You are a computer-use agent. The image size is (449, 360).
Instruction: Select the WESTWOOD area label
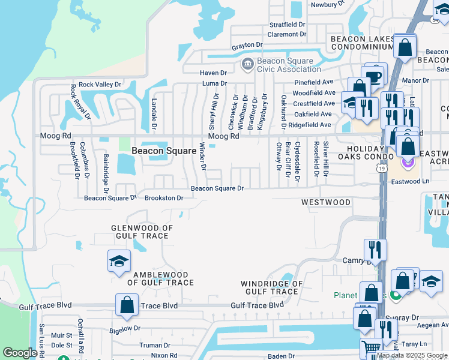tap(326, 202)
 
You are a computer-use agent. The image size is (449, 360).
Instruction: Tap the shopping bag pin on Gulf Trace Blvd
tap(127, 305)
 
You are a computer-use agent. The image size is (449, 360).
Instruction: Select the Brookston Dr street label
tap(164, 197)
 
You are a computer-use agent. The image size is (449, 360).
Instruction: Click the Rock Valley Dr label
tap(99, 85)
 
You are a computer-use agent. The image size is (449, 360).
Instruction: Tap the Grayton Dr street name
tap(247, 45)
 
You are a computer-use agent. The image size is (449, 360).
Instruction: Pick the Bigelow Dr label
tap(125, 328)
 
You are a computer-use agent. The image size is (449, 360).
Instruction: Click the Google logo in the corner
tap(20, 353)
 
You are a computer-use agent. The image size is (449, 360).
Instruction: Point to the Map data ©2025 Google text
tap(412, 355)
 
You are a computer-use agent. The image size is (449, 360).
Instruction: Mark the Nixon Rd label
tap(164, 355)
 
